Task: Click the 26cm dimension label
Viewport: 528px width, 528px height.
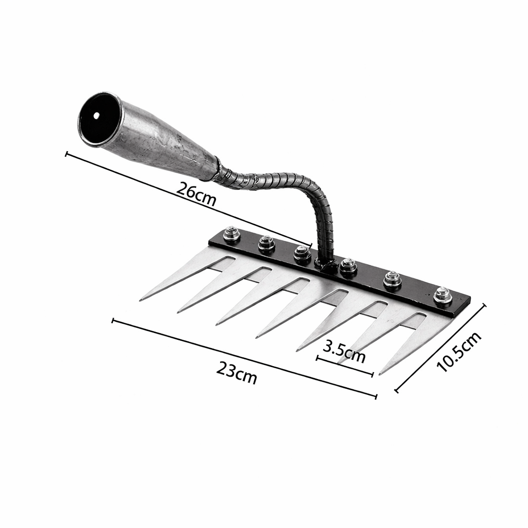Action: pyautogui.click(x=196, y=194)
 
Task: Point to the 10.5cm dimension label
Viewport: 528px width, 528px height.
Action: pyautogui.click(x=458, y=352)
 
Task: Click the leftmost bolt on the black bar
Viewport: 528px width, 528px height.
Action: pyautogui.click(x=232, y=235)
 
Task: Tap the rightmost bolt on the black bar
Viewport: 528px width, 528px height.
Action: pyautogui.click(x=442, y=295)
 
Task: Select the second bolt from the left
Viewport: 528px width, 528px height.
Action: pyautogui.click(x=266, y=243)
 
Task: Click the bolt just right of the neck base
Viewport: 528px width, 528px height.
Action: pyautogui.click(x=349, y=267)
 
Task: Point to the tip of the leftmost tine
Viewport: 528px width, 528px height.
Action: pyautogui.click(x=141, y=300)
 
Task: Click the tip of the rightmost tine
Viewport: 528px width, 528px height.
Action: pyautogui.click(x=381, y=373)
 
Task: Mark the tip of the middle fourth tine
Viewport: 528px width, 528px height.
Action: pyautogui.click(x=257, y=338)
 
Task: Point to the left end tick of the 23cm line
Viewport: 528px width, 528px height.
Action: pyautogui.click(x=113, y=321)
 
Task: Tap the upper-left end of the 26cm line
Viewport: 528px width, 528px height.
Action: pyautogui.click(x=66, y=153)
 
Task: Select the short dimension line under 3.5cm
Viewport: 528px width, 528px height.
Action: pyautogui.click(x=344, y=366)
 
